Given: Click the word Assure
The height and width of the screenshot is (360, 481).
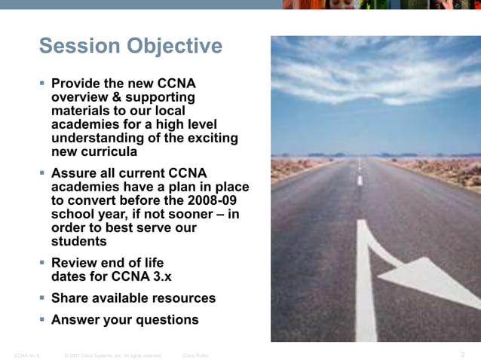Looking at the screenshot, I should pos(75,172).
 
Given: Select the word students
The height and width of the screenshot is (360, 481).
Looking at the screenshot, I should pos(78,242).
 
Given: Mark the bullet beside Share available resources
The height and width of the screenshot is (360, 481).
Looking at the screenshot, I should pos(43,298).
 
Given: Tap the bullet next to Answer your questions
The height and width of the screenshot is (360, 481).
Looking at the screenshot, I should pos(43,319).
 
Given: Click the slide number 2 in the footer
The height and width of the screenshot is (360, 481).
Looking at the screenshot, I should pos(462,353).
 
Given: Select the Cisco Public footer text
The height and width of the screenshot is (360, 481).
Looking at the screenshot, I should pos(196,354).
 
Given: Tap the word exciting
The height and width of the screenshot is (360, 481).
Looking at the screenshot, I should pos(207,139).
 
